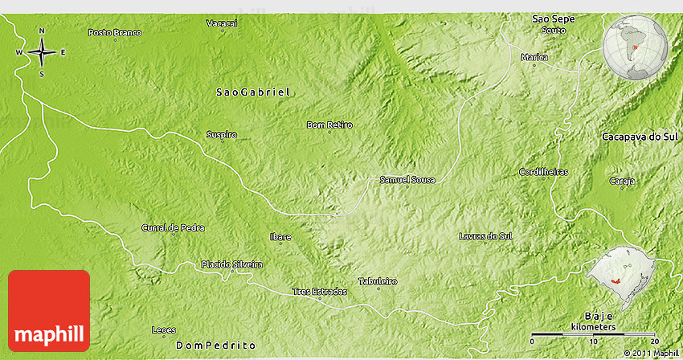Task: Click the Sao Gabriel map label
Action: [252, 92]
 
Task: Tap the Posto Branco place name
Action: [115, 33]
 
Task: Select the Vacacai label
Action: [223, 23]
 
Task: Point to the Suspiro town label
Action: [222, 135]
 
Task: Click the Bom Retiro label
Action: [329, 125]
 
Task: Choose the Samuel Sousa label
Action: [407, 180]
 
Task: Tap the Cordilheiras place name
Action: [544, 172]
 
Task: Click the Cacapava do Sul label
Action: [640, 137]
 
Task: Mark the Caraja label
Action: [622, 181]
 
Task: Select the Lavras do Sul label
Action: [485, 236]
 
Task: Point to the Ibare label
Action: [280, 237]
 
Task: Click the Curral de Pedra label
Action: [173, 228]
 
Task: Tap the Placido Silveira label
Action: [231, 264]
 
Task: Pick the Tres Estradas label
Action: [320, 291]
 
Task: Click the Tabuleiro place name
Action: [378, 281]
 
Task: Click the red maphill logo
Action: [49, 310]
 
